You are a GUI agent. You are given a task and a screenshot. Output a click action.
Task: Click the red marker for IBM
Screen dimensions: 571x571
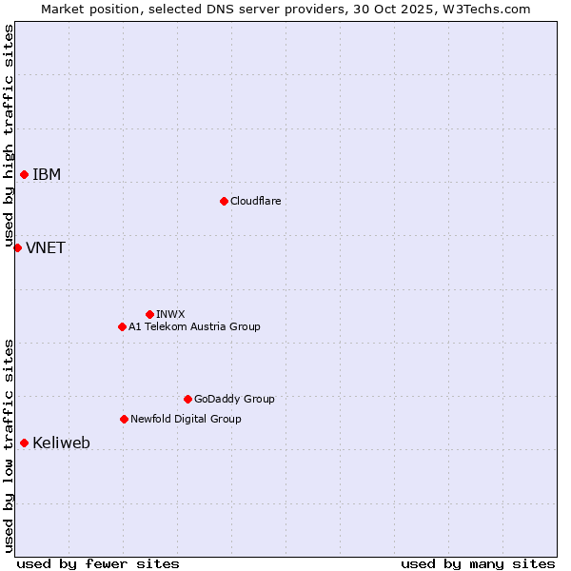(24, 174)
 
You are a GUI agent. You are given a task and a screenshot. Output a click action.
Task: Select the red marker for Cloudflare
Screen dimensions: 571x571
(224, 201)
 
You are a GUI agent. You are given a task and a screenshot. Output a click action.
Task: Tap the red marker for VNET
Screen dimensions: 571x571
(17, 247)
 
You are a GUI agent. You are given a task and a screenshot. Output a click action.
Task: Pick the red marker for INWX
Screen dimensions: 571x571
(149, 314)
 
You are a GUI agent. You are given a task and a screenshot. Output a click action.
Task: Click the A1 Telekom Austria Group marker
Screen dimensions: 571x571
(122, 326)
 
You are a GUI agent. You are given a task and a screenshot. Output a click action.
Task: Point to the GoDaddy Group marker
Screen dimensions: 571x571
(187, 399)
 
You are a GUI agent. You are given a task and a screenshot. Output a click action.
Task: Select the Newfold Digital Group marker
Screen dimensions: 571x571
(124, 419)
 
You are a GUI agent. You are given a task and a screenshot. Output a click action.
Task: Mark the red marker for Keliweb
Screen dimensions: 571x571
(24, 443)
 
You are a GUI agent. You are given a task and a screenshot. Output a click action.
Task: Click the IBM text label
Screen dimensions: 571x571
(47, 175)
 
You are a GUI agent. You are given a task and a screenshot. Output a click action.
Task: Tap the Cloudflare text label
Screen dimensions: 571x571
(255, 202)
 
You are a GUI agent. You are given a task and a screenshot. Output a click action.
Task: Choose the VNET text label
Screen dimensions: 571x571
(46, 248)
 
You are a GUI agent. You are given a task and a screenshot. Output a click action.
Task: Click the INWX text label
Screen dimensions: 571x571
(170, 315)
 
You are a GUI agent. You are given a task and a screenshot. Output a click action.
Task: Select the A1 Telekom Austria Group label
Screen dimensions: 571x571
(194, 327)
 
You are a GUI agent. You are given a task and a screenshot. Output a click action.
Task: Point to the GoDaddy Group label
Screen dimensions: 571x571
(234, 400)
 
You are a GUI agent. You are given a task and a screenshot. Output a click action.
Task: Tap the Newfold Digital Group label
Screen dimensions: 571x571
(186, 420)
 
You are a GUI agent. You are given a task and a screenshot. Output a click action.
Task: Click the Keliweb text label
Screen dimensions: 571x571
(61, 443)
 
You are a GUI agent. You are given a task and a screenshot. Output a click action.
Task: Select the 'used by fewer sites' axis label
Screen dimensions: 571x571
(98, 564)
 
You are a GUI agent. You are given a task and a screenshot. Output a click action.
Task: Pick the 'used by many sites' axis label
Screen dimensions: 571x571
(478, 564)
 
